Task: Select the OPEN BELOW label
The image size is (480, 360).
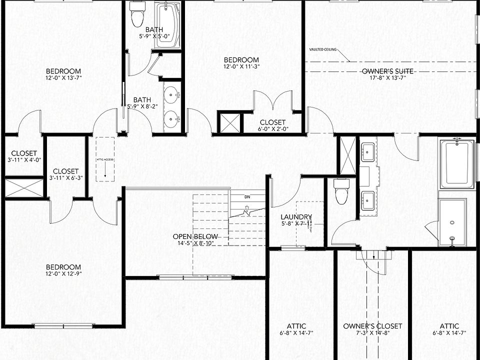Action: point(195,236)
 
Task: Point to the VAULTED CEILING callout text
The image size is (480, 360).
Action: point(323,49)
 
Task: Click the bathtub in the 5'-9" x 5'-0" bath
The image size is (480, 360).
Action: point(167,25)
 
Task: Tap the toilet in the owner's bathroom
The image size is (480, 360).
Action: point(342,191)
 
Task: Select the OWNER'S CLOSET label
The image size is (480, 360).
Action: point(372,326)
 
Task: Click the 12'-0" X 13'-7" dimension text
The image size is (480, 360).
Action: point(63,77)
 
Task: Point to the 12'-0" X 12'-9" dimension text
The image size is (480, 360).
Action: point(63,273)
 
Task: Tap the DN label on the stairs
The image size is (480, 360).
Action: point(247,196)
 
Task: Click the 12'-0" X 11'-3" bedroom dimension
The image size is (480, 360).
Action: point(241,66)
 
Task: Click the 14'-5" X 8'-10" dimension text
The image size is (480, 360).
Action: point(195,243)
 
